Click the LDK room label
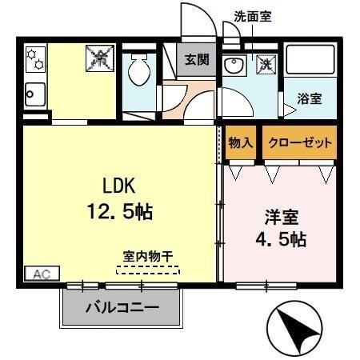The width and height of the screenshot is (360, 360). click(x=119, y=186)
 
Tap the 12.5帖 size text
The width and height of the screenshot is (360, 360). click(x=119, y=212)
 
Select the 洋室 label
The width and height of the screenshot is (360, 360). click(x=282, y=216)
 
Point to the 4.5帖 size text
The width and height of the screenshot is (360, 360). click(x=281, y=238)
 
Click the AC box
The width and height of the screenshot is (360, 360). click(x=41, y=274)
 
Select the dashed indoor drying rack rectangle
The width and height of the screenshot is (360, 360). click(x=148, y=270)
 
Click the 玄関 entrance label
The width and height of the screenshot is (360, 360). click(x=196, y=59)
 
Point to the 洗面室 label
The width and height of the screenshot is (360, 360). click(x=252, y=15)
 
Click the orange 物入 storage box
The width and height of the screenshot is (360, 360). click(x=241, y=142)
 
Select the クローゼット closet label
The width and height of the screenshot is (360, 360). click(x=299, y=142)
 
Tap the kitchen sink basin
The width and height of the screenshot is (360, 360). click(x=36, y=95)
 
